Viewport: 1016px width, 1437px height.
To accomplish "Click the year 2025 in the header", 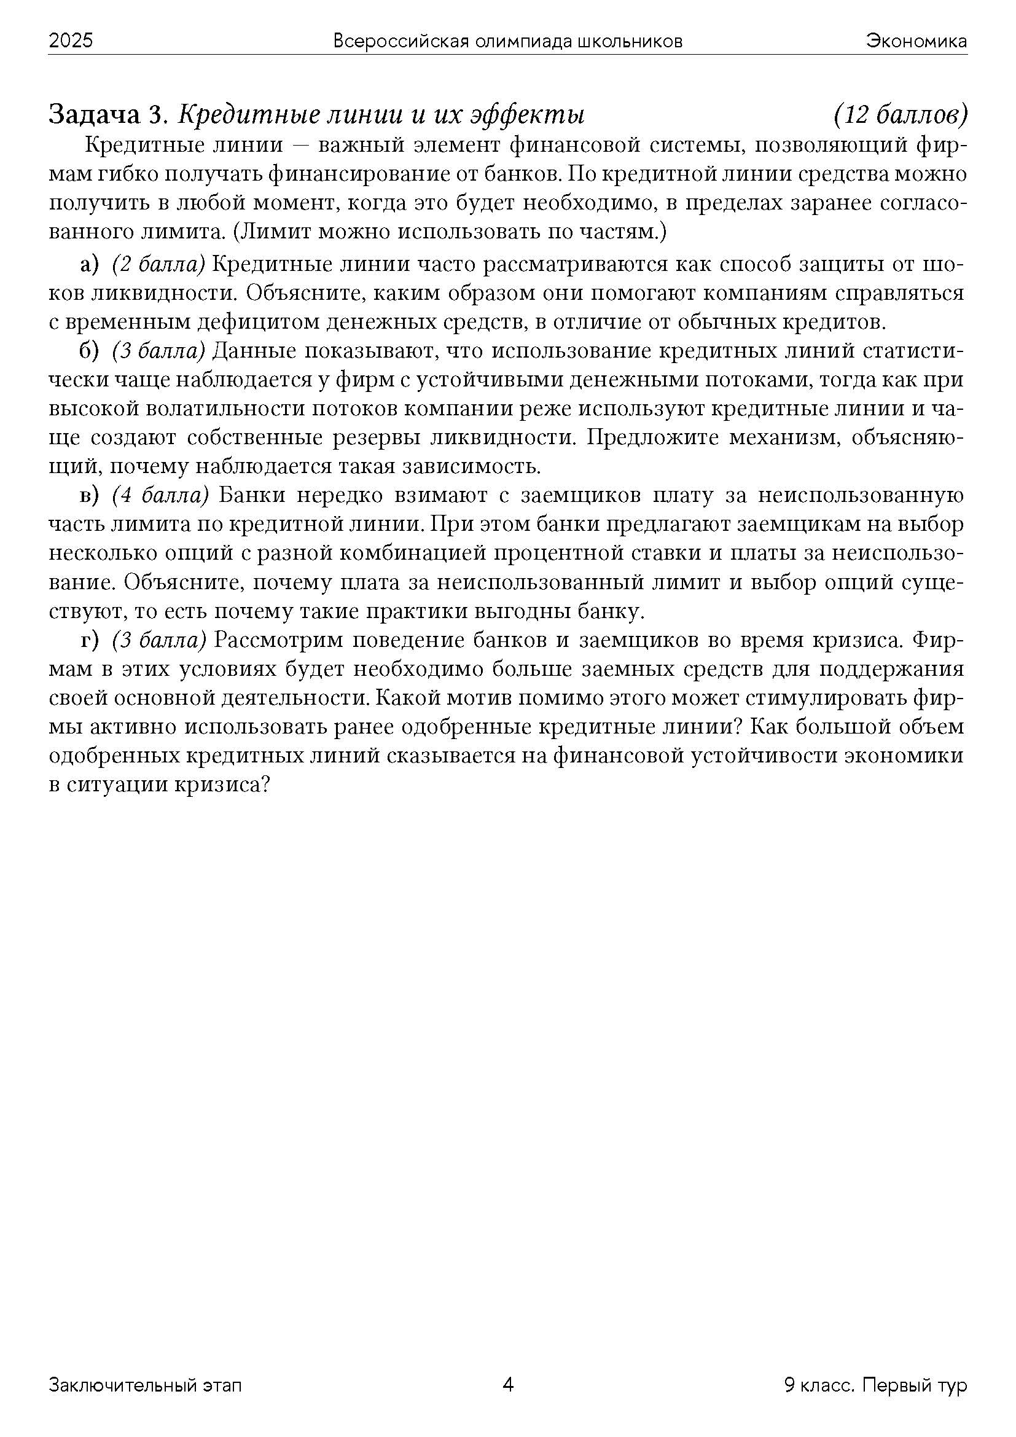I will tap(71, 41).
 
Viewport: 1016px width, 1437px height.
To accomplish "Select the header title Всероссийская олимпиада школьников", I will tap(507, 41).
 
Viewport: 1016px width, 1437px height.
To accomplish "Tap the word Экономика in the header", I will tap(916, 41).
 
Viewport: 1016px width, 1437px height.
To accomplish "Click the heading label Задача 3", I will tap(107, 115).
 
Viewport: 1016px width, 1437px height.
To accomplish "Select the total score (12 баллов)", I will tap(901, 115).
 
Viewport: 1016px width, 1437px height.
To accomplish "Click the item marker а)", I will tap(90, 265).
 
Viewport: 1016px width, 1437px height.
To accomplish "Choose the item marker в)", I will tap(90, 495).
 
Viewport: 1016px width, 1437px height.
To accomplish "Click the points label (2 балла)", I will tap(159, 265).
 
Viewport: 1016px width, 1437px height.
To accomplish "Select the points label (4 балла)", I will tap(160, 495).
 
